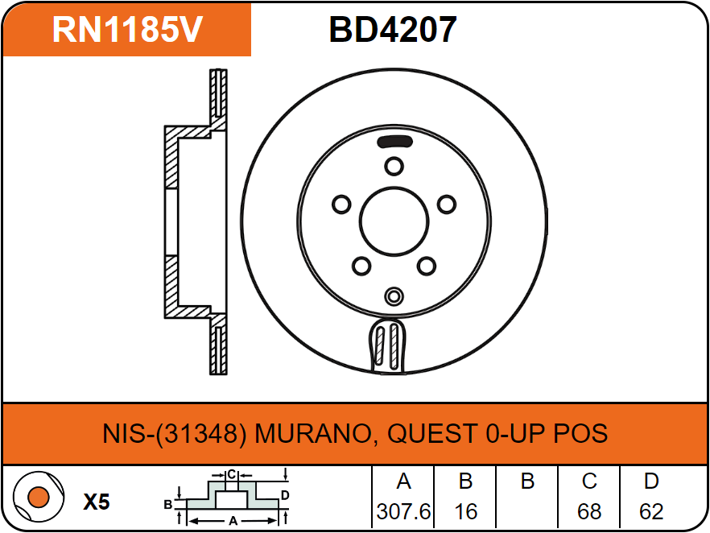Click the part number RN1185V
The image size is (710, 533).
click(x=127, y=30)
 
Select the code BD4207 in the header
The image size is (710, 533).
click(x=393, y=30)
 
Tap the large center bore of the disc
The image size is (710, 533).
click(x=394, y=222)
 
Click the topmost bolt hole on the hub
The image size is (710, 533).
click(x=394, y=166)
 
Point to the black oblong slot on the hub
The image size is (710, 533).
click(x=394, y=142)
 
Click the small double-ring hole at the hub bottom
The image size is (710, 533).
click(x=394, y=296)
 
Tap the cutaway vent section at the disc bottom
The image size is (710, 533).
click(x=388, y=345)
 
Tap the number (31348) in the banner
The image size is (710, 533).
click(x=201, y=433)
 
